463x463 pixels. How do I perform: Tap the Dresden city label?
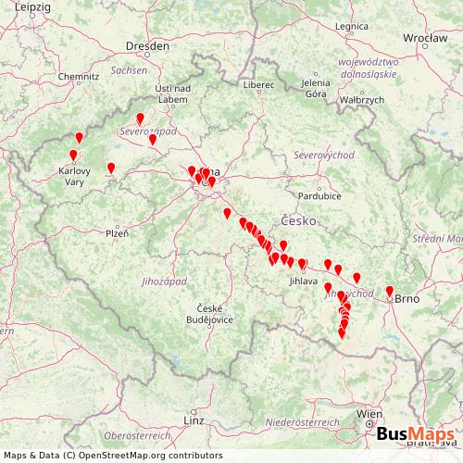151,44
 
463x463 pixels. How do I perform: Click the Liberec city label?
260,84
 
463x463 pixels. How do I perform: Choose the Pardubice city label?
319,195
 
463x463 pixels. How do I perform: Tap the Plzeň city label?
117,233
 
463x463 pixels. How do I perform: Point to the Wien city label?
370,413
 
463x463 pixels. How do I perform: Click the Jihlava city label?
304,280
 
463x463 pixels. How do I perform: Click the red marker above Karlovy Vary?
73,156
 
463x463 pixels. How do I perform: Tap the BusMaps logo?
414,435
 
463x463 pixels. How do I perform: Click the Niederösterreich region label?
302,421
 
